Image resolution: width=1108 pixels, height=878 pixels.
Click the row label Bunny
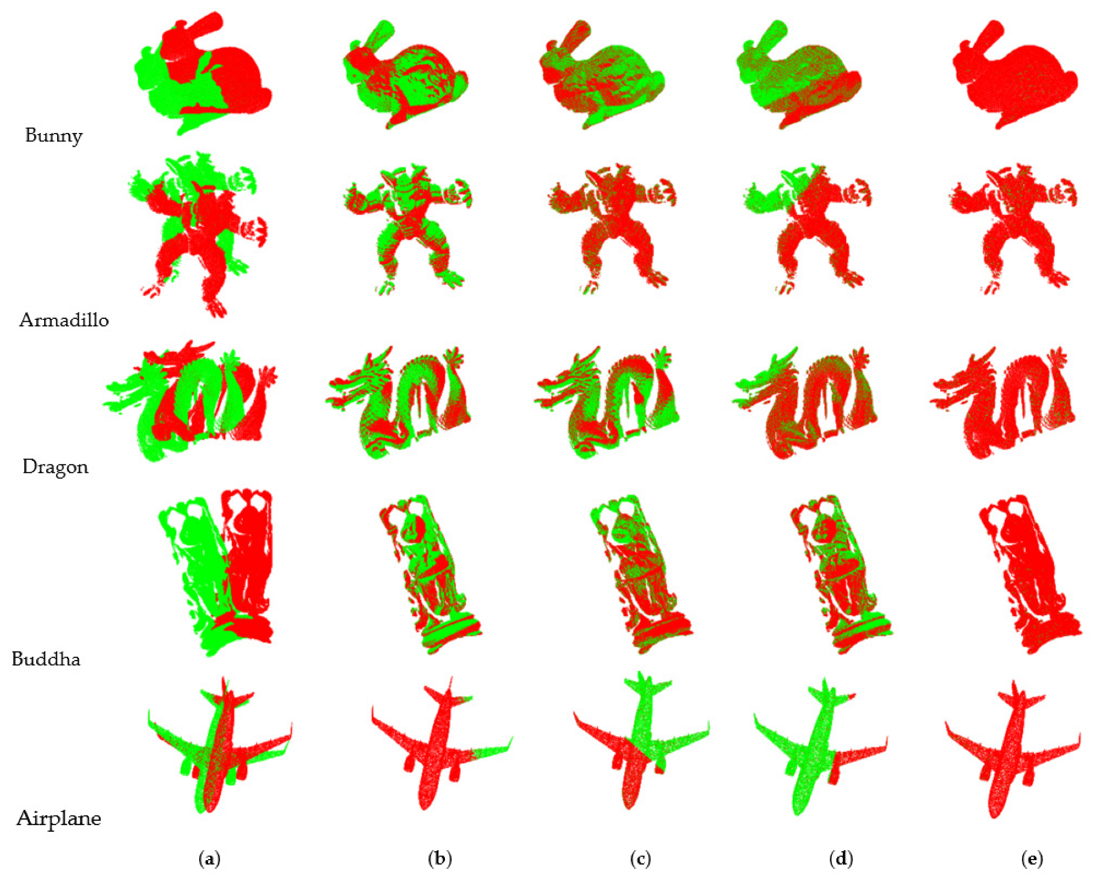point(54,136)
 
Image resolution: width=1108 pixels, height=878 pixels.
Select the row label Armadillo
point(64,320)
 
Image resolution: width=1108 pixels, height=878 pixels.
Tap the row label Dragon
point(56,467)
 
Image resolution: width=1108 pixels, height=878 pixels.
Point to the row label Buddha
point(46,658)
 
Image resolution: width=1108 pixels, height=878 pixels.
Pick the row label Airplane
point(59,818)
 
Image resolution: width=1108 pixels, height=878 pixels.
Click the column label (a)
point(209,859)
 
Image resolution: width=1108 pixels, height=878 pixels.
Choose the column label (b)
point(440,859)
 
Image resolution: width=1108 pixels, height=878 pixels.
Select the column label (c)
point(640,859)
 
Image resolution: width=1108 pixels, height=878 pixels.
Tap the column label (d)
point(841,859)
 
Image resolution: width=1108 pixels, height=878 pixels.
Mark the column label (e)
point(1033,859)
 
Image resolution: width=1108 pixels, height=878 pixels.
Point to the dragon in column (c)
point(606,403)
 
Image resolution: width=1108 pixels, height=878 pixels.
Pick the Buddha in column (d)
point(840,573)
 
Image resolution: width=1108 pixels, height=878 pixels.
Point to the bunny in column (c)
point(601,74)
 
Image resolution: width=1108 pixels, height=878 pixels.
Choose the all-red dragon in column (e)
point(1002,403)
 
